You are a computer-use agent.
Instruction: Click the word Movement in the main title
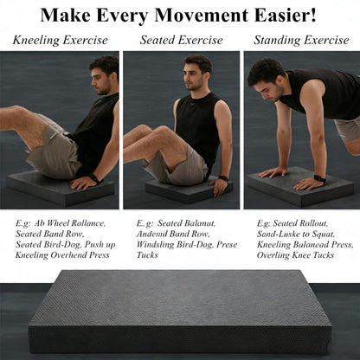(201, 16)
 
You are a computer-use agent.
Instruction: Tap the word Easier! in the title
(285, 16)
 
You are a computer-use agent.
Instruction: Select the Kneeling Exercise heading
(61, 40)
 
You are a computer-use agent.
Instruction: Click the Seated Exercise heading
(182, 40)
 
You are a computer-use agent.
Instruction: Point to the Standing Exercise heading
(301, 40)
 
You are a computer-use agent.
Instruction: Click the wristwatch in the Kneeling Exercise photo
(94, 178)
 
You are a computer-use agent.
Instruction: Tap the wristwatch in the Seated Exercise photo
(223, 178)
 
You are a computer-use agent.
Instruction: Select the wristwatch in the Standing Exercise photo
(319, 178)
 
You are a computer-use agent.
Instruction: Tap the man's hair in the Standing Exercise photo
(266, 71)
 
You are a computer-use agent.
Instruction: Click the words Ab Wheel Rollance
(70, 223)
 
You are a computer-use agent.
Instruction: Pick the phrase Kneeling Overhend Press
(62, 255)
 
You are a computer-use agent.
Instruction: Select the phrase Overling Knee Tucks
(295, 255)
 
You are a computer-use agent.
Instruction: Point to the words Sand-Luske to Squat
(296, 234)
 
